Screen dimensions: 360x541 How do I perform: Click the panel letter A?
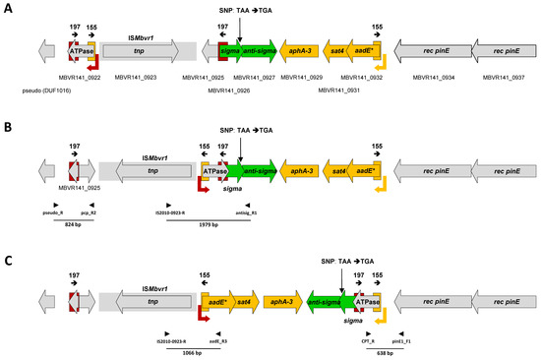point(8,7)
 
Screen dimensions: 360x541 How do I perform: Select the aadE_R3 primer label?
point(217,338)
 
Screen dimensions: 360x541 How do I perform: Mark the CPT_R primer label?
point(359,338)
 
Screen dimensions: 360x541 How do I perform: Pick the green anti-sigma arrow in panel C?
point(324,299)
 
